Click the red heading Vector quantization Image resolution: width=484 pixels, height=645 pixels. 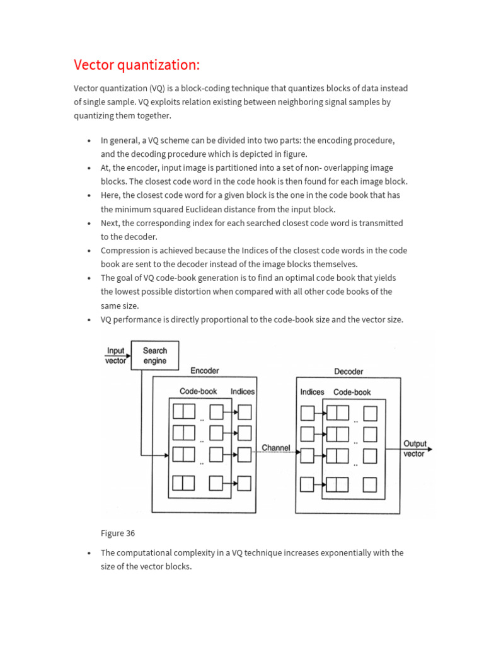click(x=137, y=65)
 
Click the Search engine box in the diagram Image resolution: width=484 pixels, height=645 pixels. click(x=154, y=356)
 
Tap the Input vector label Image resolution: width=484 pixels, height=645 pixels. click(x=116, y=356)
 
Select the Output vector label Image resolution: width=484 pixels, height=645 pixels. click(x=414, y=448)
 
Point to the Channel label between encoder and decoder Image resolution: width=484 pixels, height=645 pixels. click(x=276, y=448)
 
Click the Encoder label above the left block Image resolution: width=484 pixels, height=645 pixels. click(x=205, y=371)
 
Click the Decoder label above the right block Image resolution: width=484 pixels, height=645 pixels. click(x=349, y=372)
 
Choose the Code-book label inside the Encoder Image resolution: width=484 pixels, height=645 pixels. click(x=198, y=391)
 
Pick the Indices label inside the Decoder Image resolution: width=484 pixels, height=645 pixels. click(x=312, y=392)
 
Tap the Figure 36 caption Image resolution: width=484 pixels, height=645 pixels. click(x=118, y=533)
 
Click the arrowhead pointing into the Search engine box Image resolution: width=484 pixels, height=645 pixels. click(x=128, y=356)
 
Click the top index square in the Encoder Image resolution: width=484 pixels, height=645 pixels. click(x=244, y=412)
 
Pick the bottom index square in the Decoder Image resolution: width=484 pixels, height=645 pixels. click(x=308, y=484)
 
